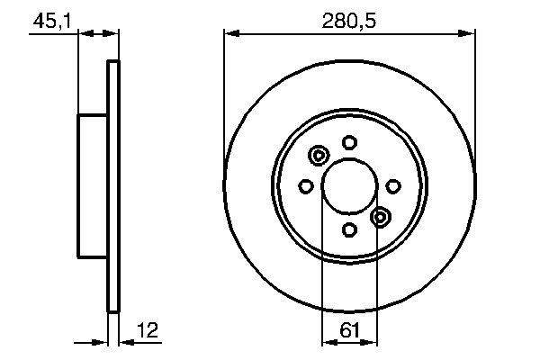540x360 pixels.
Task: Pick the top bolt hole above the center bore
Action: click(x=349, y=141)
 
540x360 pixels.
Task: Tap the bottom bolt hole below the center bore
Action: click(x=349, y=230)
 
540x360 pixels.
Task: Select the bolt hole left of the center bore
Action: click(x=305, y=186)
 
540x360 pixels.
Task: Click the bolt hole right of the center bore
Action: click(x=393, y=185)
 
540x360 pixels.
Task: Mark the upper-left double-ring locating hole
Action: click(x=318, y=157)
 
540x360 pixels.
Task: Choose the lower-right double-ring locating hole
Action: click(x=381, y=216)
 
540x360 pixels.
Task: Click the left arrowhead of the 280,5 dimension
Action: click(x=229, y=34)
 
